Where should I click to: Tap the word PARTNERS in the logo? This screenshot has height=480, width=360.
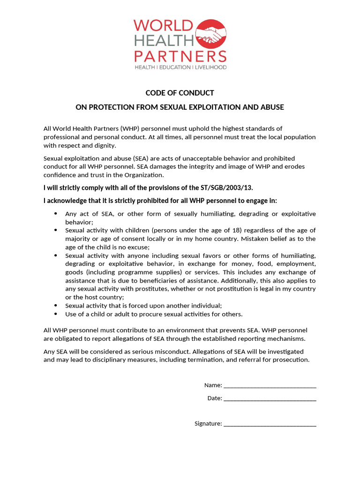tap(180, 56)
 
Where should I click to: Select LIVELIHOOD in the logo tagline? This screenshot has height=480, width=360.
tap(210, 67)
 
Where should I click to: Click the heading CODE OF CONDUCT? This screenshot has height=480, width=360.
tap(180, 93)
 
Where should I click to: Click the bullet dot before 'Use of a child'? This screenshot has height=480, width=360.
tap(56, 314)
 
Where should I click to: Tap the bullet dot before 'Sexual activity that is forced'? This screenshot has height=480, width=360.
tap(56, 306)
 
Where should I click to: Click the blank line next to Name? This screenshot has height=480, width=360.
tap(270, 386)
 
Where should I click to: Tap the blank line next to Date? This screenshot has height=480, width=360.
tap(270, 399)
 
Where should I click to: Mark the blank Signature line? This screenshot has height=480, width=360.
tap(270, 425)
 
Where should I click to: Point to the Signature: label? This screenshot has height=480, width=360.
tap(208, 424)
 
